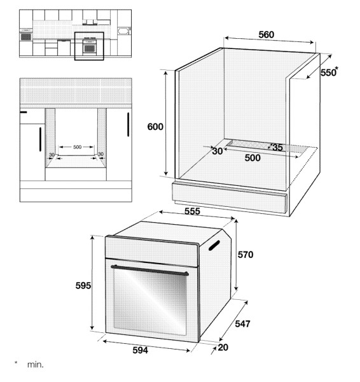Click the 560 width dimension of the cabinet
pos(267,35)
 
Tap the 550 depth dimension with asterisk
pos(329,72)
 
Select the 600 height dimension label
pos(155,127)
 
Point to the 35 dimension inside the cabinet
pos(277,148)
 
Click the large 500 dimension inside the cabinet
pos(253,158)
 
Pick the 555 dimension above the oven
pos(192,211)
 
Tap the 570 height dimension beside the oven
pos(246,255)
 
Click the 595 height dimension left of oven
pos(83,285)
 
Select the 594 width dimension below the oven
pos(140,350)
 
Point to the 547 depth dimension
pos(242,324)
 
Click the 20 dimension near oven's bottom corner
pos(223,348)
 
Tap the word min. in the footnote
pos(36,365)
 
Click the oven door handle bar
pos(149,270)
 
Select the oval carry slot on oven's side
pos(214,245)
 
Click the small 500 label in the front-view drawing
pos(77,147)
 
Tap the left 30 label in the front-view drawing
pos(52,155)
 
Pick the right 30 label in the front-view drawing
pos(100,154)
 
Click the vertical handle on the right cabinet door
pos(128,125)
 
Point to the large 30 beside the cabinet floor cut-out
pos(218,151)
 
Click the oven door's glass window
pos(150,302)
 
